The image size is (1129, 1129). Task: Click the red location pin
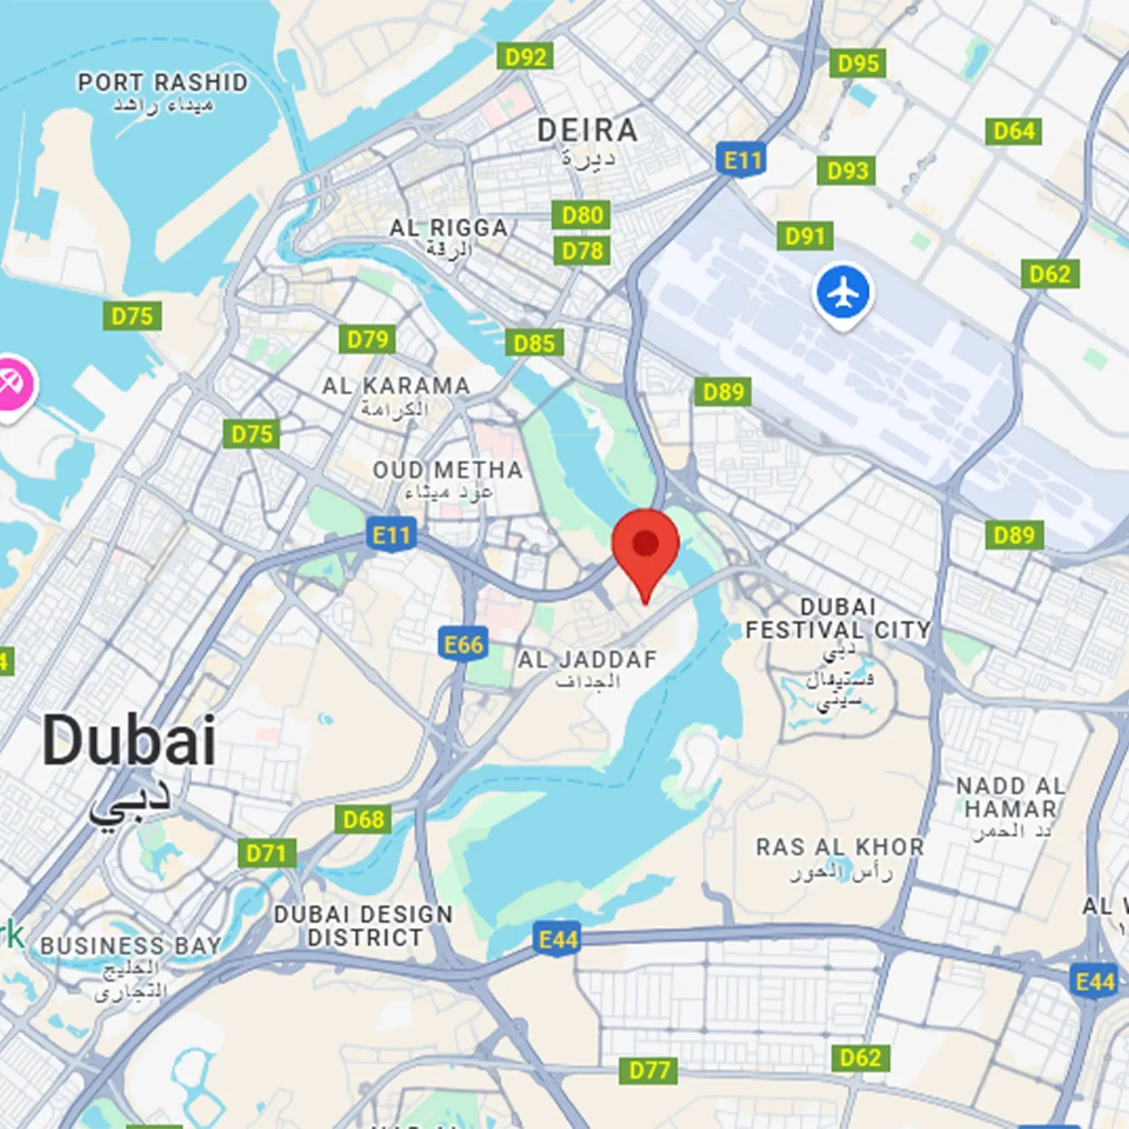(x=646, y=545)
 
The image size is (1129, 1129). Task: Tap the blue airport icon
(x=844, y=293)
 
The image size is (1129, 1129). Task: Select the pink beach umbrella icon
(x=11, y=384)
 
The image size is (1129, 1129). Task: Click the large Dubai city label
(x=129, y=741)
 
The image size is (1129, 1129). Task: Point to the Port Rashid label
(x=162, y=83)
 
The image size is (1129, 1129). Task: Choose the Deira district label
(x=587, y=131)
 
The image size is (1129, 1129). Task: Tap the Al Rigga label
(x=449, y=229)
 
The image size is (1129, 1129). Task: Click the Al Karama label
(x=396, y=386)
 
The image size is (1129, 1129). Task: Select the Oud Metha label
(x=448, y=470)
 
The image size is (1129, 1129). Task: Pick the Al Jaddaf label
(x=587, y=660)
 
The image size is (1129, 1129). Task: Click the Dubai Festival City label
(x=838, y=619)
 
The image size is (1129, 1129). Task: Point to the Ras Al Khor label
(x=839, y=848)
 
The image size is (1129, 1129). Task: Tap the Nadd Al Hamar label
(x=1011, y=797)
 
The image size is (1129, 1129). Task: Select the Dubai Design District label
(x=363, y=925)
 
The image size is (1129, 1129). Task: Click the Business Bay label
(x=131, y=946)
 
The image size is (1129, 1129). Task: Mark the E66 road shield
(x=463, y=645)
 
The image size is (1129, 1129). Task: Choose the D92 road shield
(x=526, y=57)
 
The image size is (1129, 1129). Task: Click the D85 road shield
(x=534, y=343)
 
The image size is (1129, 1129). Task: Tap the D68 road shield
(x=363, y=819)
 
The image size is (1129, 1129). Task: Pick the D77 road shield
(x=650, y=1071)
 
